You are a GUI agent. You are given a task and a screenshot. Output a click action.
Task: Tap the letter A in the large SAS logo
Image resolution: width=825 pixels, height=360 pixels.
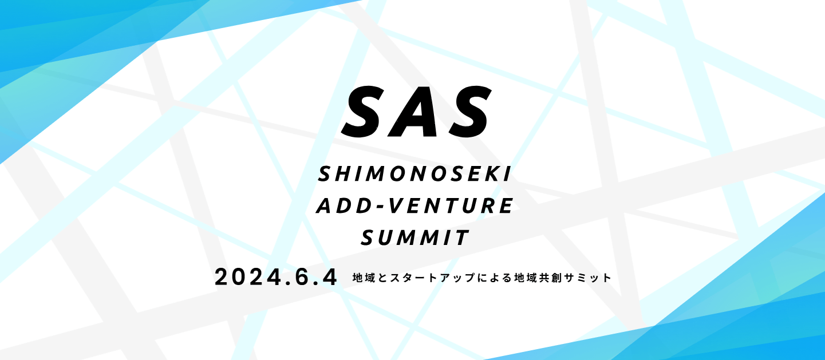[416, 112]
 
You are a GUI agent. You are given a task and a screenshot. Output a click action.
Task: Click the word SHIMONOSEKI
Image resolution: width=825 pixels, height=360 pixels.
[415, 174]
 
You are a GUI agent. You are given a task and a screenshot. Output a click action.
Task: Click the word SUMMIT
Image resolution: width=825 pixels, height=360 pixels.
[415, 238]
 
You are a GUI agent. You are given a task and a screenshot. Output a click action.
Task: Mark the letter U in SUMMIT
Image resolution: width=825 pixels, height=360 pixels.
[386, 238]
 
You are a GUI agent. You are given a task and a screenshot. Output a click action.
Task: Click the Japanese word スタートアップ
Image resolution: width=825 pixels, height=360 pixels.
[432, 278]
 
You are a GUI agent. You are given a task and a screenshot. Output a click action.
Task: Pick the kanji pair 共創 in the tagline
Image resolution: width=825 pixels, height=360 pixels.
[551, 278]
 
